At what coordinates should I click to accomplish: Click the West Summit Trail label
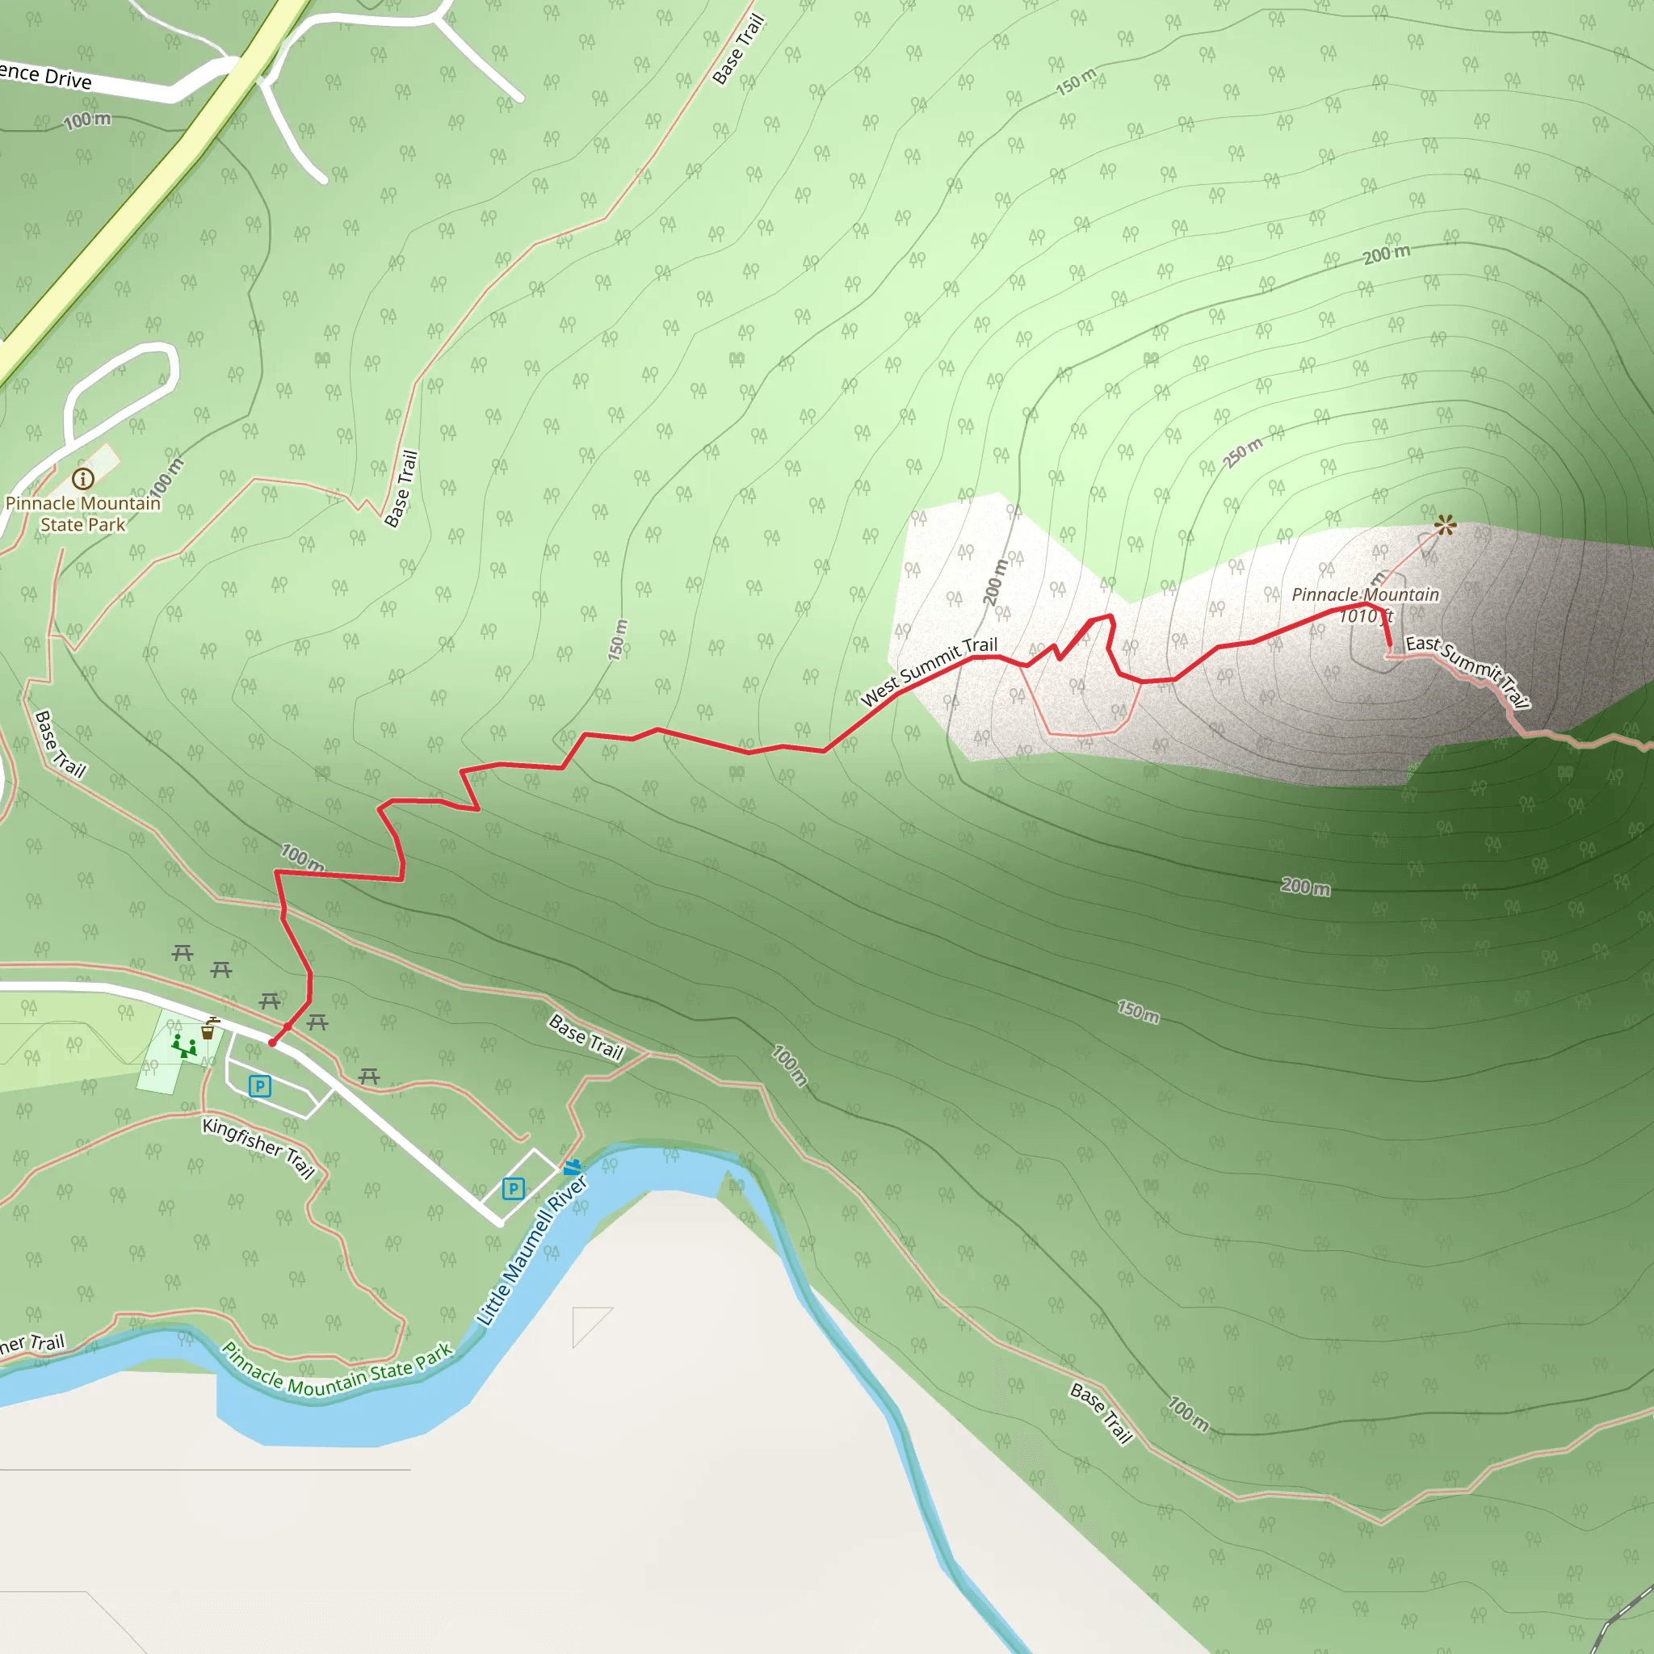point(929,671)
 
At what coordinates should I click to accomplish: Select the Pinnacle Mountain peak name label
point(1365,595)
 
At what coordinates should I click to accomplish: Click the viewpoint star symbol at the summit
point(1445,525)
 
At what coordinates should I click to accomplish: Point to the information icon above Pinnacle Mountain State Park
point(83,479)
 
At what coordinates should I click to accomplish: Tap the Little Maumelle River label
point(531,1251)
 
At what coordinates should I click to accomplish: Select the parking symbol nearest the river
point(513,1188)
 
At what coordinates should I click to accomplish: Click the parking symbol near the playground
point(259,1086)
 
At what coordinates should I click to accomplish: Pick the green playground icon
point(183,1046)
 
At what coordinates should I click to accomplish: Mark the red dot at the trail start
point(272,1043)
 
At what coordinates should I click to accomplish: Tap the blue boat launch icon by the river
point(572,1167)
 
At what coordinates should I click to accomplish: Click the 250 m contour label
point(1242,453)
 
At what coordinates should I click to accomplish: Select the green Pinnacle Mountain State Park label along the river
point(337,1371)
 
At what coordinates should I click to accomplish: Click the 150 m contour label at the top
point(1076,82)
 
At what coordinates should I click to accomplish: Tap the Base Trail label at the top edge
point(737,49)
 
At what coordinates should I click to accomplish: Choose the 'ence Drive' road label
point(44,75)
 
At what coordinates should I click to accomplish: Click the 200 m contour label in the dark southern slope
point(1305,887)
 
